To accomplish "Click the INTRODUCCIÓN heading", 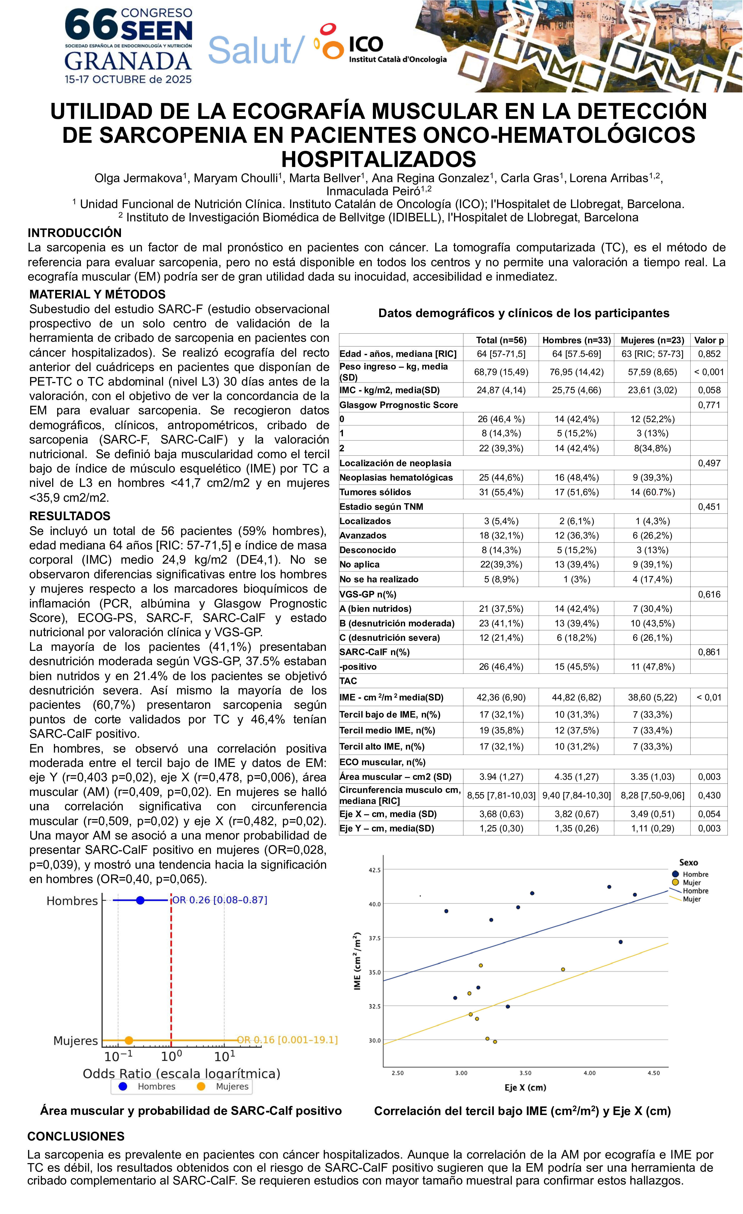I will point(74,232).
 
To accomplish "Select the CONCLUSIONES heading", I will point(76,1136).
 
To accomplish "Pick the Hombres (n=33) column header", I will point(576,340).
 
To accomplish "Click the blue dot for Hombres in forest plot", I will point(140,900).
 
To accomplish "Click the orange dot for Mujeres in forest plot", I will point(128,1040).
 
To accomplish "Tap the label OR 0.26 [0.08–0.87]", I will point(220,900).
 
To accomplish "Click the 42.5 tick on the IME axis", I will point(374,870).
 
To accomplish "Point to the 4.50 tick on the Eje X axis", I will point(653,1073).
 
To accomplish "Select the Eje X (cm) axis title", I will point(525,1087).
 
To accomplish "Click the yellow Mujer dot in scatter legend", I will point(675,882).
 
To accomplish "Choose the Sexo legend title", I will point(688,862).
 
